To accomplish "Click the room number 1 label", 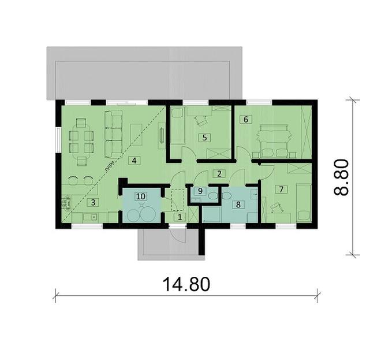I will pyautogui.click(x=180, y=217).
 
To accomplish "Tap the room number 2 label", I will pyautogui.click(x=218, y=173).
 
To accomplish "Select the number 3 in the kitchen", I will pyautogui.click(x=92, y=203).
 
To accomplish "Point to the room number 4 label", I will pyautogui.click(x=134, y=160).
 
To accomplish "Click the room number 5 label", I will pyautogui.click(x=204, y=138).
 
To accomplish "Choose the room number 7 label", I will pyautogui.click(x=281, y=189).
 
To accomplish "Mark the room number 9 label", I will pyautogui.click(x=200, y=191).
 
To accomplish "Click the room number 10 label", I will pyautogui.click(x=140, y=196).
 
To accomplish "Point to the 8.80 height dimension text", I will pyautogui.click(x=343, y=177).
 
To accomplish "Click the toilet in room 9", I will pyautogui.click(x=214, y=196).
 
